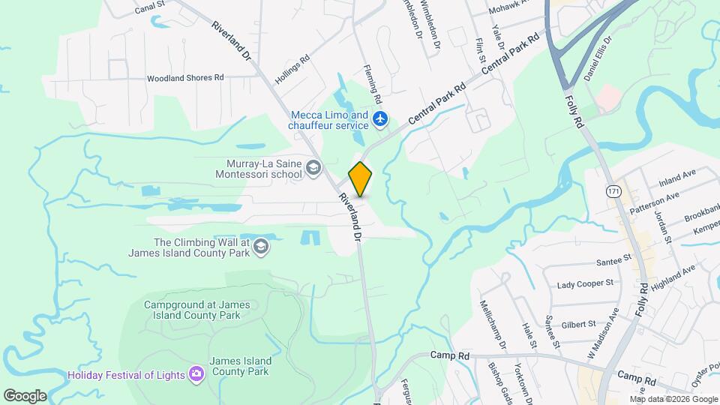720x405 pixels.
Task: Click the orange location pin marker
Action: coord(361,179)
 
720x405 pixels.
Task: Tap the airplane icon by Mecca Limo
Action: coord(381,118)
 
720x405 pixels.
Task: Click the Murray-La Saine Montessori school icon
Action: coord(313,169)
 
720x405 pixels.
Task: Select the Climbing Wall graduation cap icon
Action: coord(261,247)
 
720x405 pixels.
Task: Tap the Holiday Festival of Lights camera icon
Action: coord(196,373)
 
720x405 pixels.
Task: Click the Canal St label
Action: coord(150,10)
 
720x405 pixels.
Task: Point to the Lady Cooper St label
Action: coord(585,284)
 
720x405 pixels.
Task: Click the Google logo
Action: coord(25,396)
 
